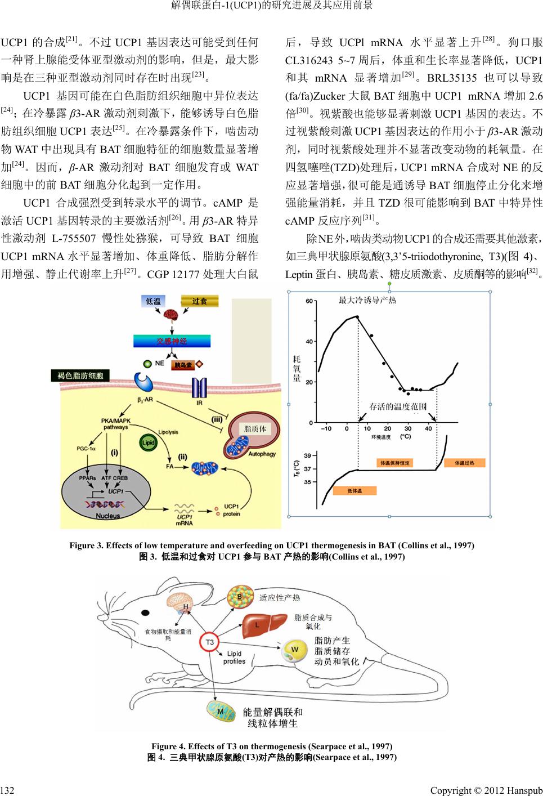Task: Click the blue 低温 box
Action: pos(153,301)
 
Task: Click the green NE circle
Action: pos(147,364)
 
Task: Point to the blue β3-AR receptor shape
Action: pos(143,383)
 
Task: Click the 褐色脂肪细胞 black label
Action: pos(80,375)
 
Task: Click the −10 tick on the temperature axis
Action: pos(326,429)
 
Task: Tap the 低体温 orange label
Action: pos(354,491)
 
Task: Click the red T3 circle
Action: pos(209,642)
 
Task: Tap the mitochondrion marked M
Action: pos(221,712)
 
